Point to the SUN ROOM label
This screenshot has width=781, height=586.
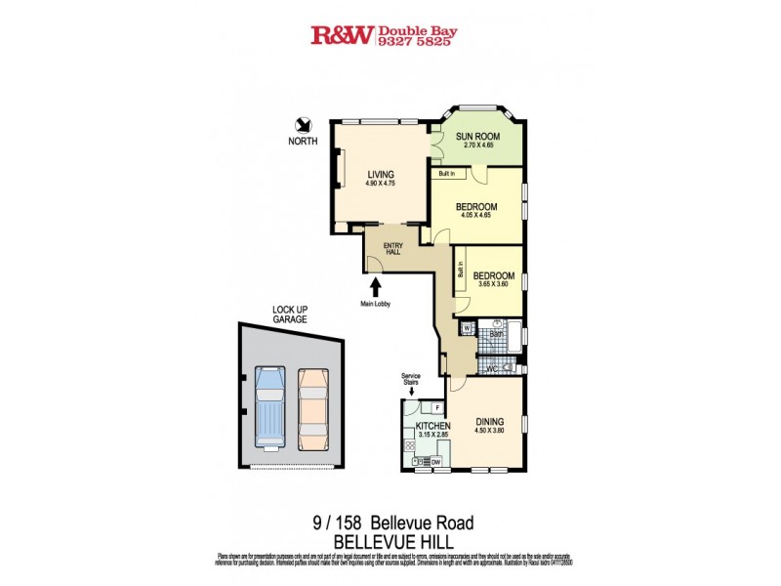(x=478, y=136)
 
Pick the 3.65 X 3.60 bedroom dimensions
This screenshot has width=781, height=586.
(x=494, y=285)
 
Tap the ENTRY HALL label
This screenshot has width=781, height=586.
(x=393, y=249)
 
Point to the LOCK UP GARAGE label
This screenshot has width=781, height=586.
(x=289, y=314)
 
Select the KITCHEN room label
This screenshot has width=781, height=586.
(x=432, y=427)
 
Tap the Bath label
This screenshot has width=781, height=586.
(x=497, y=333)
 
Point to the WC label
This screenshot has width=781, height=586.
(x=492, y=368)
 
